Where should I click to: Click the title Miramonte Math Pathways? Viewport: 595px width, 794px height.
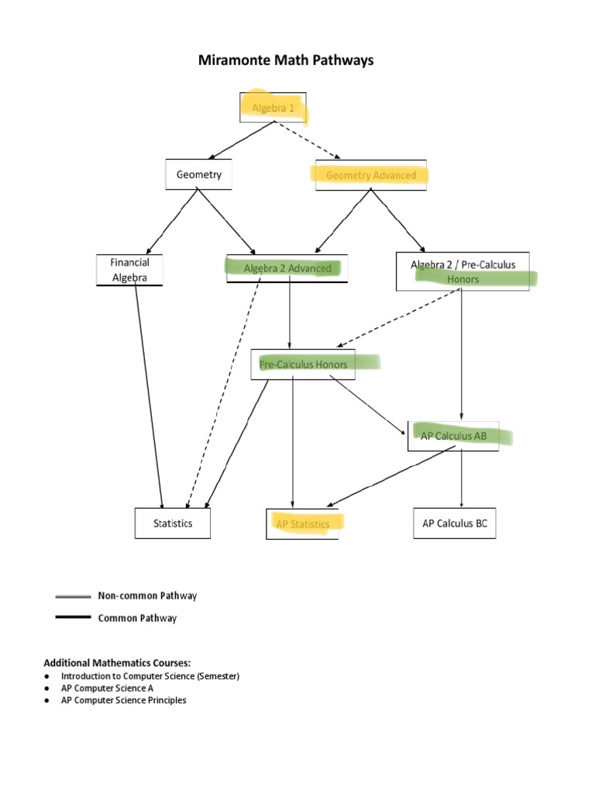[x=286, y=60]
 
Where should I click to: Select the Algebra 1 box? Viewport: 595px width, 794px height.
[x=273, y=109]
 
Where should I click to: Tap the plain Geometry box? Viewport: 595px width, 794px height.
[x=198, y=174]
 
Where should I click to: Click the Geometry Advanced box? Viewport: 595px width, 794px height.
[x=370, y=175]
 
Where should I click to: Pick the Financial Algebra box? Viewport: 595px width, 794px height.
[x=129, y=270]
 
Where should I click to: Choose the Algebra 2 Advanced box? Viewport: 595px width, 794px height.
[x=287, y=268]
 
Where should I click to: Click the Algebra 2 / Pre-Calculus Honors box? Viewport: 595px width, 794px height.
[x=463, y=271]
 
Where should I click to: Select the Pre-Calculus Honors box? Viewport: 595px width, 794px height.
[x=303, y=364]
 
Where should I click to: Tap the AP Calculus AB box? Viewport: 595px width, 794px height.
[x=453, y=436]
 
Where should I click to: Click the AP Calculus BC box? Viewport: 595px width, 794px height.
[x=455, y=524]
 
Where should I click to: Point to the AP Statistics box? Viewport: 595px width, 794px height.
[x=302, y=524]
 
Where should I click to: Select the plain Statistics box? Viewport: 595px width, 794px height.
[x=173, y=523]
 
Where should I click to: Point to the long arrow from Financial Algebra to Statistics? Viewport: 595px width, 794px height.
[x=149, y=395]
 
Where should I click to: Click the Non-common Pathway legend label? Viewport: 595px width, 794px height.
[x=147, y=596]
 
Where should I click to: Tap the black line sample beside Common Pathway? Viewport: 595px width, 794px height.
[x=73, y=618]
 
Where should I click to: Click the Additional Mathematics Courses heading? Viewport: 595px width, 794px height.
[x=117, y=662]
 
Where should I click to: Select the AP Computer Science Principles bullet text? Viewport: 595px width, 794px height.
[x=124, y=700]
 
